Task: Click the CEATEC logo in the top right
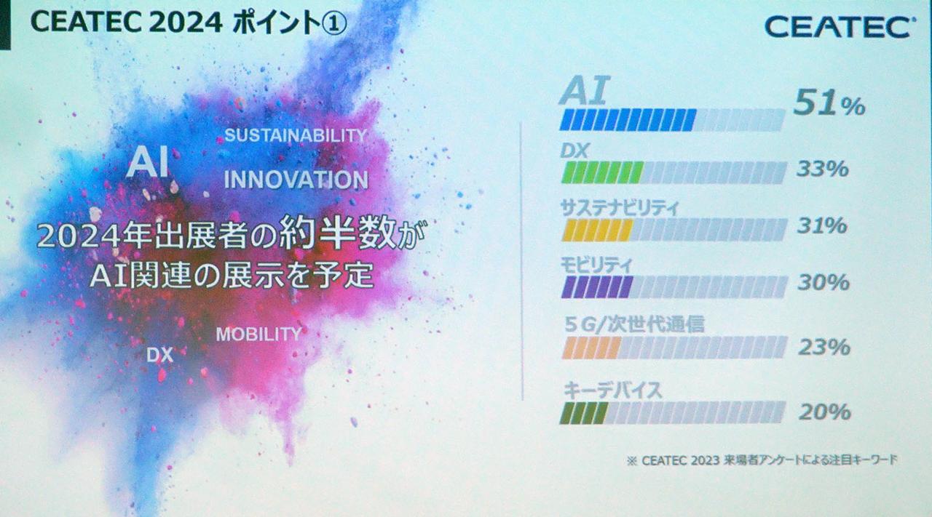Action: click(x=839, y=27)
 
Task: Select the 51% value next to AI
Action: click(x=829, y=105)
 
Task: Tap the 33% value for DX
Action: click(x=822, y=169)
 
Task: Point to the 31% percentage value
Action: click(x=822, y=225)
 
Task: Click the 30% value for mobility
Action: click(x=823, y=282)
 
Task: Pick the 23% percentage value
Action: click(x=824, y=347)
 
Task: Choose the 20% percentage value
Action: click(x=824, y=412)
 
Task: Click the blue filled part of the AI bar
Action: click(x=628, y=119)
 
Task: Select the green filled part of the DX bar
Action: click(x=601, y=172)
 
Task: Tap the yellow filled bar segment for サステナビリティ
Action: click(x=597, y=230)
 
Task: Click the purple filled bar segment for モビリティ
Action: click(x=596, y=286)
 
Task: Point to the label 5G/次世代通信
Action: click(x=633, y=324)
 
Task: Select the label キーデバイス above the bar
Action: click(x=612, y=390)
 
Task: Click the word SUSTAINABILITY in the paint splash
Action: click(x=295, y=135)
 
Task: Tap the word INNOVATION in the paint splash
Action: click(x=296, y=180)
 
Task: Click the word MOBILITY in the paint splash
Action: click(x=258, y=334)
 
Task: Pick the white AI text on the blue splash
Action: click(x=147, y=162)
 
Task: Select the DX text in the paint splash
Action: click(x=159, y=355)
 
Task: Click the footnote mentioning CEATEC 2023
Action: click(x=762, y=460)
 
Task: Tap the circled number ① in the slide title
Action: click(x=333, y=23)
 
